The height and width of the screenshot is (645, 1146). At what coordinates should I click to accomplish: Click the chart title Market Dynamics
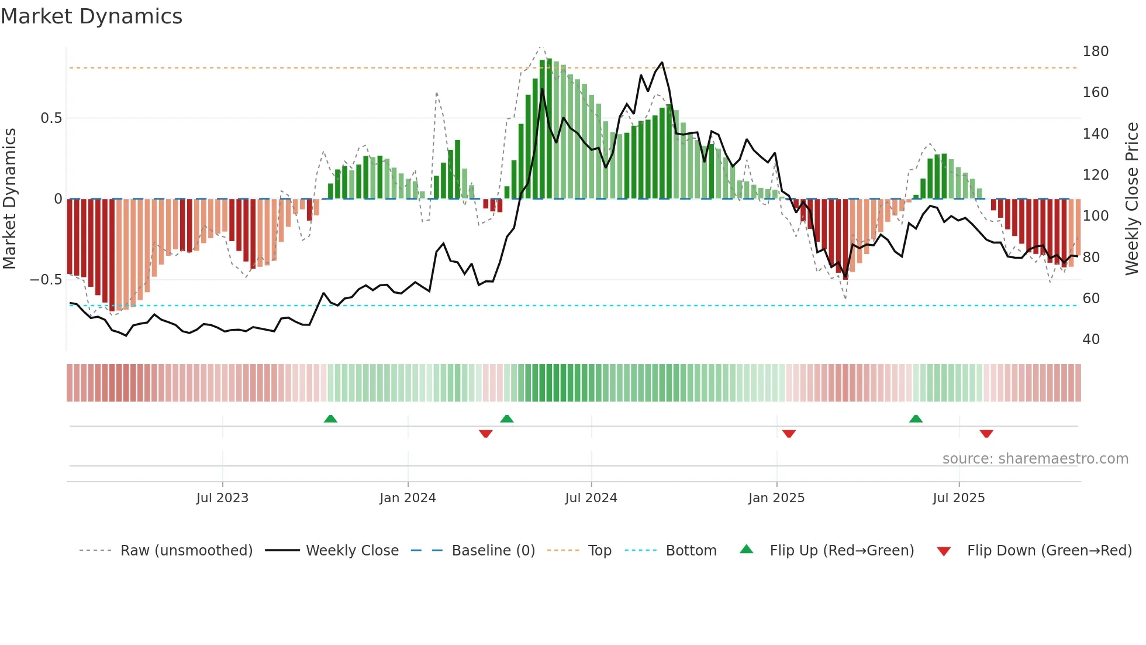click(x=91, y=16)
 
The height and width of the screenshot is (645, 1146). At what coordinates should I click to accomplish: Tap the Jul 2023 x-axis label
click(x=222, y=498)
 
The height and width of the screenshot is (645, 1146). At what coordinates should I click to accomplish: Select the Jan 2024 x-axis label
click(x=408, y=498)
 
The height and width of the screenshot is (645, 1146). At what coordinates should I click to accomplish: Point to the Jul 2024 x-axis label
click(x=591, y=498)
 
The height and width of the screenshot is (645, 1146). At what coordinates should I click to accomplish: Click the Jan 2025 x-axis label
click(x=776, y=498)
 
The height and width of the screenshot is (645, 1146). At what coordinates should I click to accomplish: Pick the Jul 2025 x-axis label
click(x=958, y=498)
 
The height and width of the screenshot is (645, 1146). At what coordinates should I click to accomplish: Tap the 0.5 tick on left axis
click(x=51, y=118)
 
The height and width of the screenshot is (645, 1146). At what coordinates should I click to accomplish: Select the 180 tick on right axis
click(x=1095, y=52)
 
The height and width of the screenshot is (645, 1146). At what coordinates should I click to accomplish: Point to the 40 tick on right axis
click(x=1091, y=339)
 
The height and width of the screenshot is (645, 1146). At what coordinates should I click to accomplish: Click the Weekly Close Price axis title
click(x=1132, y=199)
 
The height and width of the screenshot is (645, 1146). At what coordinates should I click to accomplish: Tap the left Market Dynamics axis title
click(x=9, y=199)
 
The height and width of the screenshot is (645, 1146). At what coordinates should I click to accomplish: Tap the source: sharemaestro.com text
click(x=1035, y=459)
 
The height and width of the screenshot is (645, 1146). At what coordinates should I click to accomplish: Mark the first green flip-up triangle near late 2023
click(x=330, y=418)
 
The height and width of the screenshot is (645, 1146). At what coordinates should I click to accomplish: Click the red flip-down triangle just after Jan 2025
click(x=789, y=434)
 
